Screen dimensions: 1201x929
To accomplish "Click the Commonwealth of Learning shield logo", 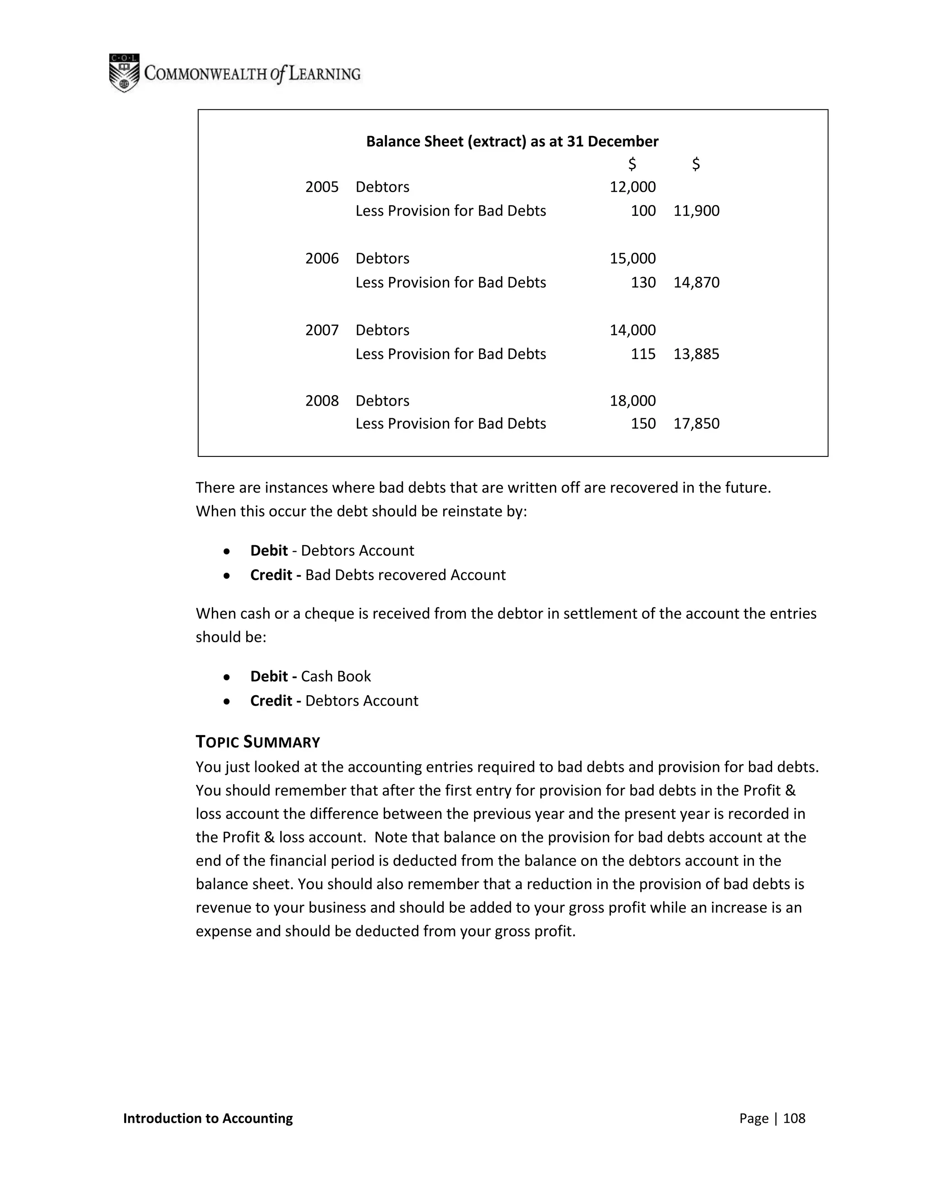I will pyautogui.click(x=124, y=73).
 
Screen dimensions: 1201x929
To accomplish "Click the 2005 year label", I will pyautogui.click(x=322, y=187).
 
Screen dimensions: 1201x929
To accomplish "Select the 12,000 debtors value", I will pyautogui.click(x=632, y=187).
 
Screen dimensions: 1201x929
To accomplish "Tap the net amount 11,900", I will pyautogui.click(x=696, y=211).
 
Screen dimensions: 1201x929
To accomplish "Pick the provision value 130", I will pyautogui.click(x=643, y=282).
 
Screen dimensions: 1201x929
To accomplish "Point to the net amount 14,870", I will pyautogui.click(x=696, y=282).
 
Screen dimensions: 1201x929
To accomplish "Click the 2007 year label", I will pyautogui.click(x=322, y=330).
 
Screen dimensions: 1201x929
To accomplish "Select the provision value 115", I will pyautogui.click(x=643, y=354).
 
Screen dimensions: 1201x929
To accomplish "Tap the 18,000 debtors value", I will pyautogui.click(x=632, y=400).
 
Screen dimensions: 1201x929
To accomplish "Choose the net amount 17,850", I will pyautogui.click(x=696, y=423).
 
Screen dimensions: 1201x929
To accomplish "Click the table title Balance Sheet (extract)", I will pyautogui.click(x=512, y=141).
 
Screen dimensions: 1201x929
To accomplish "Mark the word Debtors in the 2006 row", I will pyautogui.click(x=382, y=258).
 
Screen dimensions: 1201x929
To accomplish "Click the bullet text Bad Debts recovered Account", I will pyautogui.click(x=405, y=575).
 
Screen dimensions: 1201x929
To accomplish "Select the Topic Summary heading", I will pyautogui.click(x=258, y=742).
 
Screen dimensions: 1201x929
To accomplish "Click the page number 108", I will pyautogui.click(x=794, y=1118).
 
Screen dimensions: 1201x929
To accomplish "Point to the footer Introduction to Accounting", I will pyautogui.click(x=208, y=1118).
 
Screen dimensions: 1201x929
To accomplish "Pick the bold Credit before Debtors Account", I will pyautogui.click(x=271, y=701).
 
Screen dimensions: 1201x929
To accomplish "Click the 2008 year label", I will pyautogui.click(x=322, y=400).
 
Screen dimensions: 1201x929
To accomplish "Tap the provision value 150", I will pyautogui.click(x=643, y=423).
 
